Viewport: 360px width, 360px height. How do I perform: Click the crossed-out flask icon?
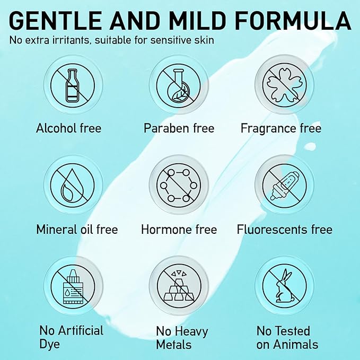coord(175,85)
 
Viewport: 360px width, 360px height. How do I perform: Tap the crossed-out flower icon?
coord(281,85)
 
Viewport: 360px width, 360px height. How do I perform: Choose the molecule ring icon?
coord(175,185)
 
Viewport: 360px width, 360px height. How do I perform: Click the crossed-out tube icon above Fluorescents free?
coord(281,185)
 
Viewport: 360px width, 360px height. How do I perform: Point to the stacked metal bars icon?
coord(175,286)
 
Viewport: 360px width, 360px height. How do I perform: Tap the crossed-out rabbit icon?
coord(281,286)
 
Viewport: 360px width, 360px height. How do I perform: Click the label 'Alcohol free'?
coord(69,128)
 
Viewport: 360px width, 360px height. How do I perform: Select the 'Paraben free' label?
coord(179,128)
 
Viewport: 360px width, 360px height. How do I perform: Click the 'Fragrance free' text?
coord(281,128)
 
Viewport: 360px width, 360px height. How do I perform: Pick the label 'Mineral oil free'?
coord(77,230)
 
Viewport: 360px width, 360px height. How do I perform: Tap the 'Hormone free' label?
coord(179,230)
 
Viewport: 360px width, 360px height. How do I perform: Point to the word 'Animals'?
coord(296,345)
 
